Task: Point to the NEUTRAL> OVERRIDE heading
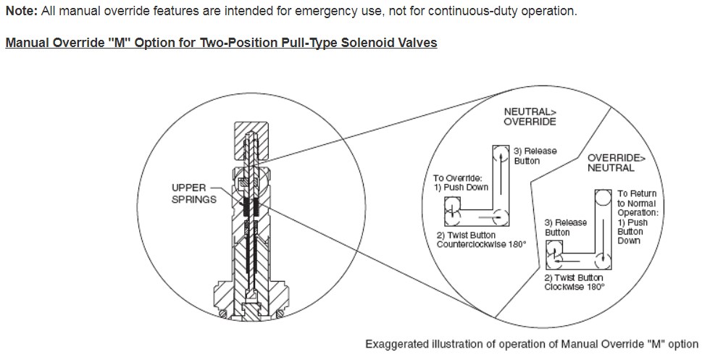pos(530,116)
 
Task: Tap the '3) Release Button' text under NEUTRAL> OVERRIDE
pos(535,155)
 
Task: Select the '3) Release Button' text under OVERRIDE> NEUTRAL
pos(566,227)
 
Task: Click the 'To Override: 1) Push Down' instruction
pos(461,182)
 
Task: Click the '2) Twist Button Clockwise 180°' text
pos(575,282)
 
